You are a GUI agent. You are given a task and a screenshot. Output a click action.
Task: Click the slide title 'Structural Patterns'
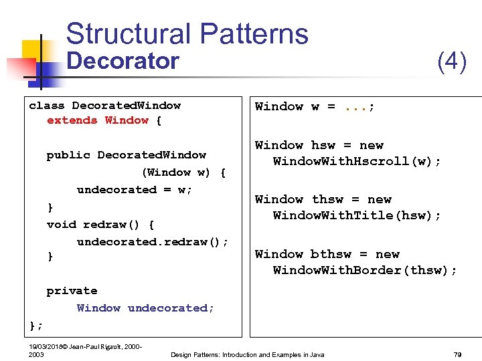tap(187, 34)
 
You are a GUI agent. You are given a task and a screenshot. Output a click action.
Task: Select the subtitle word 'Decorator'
tap(123, 62)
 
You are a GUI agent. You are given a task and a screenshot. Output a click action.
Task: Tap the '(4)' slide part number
tap(451, 62)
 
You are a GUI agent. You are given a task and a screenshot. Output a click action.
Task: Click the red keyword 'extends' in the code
tap(72, 120)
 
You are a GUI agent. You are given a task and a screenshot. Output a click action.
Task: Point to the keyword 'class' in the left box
tap(47, 106)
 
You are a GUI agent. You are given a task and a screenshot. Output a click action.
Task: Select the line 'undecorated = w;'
tap(135, 190)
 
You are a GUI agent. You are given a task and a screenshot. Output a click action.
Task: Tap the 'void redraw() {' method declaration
tap(100, 225)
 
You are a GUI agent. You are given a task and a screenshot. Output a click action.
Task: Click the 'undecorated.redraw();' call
tap(153, 242)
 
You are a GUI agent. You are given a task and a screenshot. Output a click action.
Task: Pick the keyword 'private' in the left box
tap(72, 291)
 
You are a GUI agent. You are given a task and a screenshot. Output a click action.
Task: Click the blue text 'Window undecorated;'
tap(145, 308)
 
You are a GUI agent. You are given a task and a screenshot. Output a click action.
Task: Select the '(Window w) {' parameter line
tap(183, 172)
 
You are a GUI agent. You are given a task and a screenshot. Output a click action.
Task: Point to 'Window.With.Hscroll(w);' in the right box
tap(357, 162)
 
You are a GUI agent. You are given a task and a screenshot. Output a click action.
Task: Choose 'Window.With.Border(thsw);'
tap(365, 271)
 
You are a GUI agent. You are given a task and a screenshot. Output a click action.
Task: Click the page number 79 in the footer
tap(458, 354)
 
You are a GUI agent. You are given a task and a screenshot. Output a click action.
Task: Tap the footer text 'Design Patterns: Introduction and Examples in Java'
tap(248, 354)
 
